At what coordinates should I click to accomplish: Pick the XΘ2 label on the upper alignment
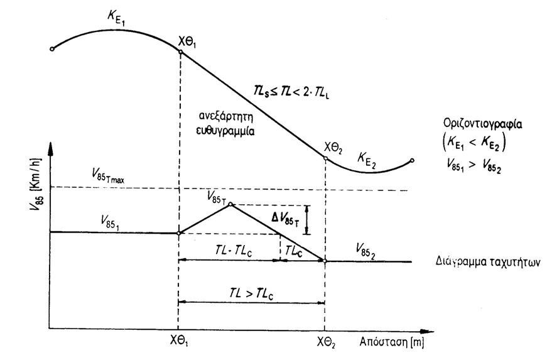pyautogui.click(x=333, y=148)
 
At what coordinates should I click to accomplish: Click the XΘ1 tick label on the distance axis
pyautogui.click(x=179, y=341)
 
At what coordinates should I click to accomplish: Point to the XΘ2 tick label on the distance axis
pyautogui.click(x=326, y=342)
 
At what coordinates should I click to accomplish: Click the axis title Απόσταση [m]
pyautogui.click(x=391, y=342)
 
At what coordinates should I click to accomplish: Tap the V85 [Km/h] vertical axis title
pyautogui.click(x=36, y=184)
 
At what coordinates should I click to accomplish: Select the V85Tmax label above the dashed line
pyautogui.click(x=108, y=175)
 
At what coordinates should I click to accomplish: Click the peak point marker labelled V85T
pyautogui.click(x=230, y=204)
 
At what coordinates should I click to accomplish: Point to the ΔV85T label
pyautogui.click(x=285, y=219)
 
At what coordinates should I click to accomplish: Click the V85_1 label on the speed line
pyautogui.click(x=110, y=222)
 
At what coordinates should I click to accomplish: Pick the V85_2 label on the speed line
pyautogui.click(x=365, y=251)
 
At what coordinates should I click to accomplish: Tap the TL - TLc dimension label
pyautogui.click(x=234, y=251)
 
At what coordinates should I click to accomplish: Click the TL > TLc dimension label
pyautogui.click(x=251, y=293)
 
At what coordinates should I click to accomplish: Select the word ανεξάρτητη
pyautogui.click(x=225, y=117)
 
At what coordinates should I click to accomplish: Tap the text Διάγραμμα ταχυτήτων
pyautogui.click(x=487, y=262)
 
